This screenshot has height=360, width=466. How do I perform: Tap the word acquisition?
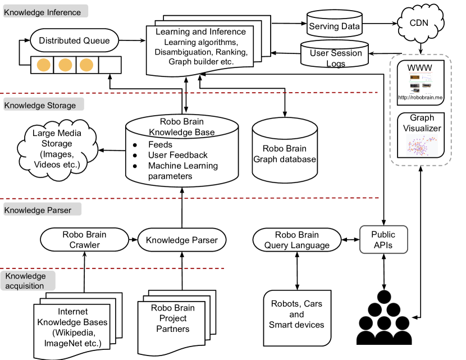[25, 286]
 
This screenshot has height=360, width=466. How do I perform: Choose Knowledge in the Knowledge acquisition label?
[26, 276]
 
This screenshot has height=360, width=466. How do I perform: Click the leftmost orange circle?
[43, 65]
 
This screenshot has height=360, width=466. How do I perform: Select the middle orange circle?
[65, 65]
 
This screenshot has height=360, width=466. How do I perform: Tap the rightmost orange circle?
[86, 65]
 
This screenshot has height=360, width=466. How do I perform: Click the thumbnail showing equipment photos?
[421, 83]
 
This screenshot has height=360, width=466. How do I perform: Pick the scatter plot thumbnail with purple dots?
[422, 145]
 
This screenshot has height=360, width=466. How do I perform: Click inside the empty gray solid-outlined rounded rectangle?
[383, 240]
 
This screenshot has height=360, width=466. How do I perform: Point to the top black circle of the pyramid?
[384, 297]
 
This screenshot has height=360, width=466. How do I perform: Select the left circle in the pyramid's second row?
[375, 310]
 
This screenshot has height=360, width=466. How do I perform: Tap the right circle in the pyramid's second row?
[393, 310]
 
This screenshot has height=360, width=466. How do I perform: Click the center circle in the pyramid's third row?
[384, 323]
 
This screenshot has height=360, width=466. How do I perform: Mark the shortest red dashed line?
[112, 268]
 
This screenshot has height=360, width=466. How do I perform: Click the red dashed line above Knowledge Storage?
[189, 93]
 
